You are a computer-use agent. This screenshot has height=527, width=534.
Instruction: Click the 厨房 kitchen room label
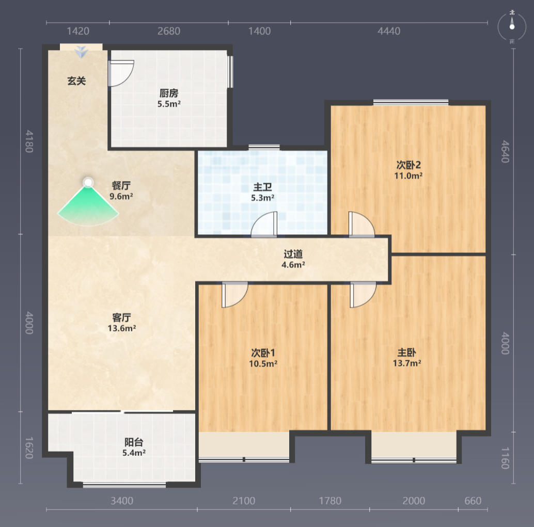tap(169, 93)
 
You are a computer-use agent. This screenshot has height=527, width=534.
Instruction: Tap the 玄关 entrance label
tap(76, 81)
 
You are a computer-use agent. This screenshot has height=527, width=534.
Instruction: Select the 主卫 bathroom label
tap(262, 187)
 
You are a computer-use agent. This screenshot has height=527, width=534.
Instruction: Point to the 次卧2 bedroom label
tap(409, 165)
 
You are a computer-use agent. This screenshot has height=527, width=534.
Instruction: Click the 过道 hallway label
tap(293, 254)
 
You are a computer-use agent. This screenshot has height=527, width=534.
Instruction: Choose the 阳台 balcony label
tap(134, 442)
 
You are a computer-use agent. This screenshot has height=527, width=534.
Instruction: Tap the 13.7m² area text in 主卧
tap(407, 363)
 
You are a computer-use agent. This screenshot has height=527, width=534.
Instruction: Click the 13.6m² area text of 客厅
tap(122, 328)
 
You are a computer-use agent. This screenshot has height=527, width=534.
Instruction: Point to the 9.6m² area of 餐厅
tap(121, 197)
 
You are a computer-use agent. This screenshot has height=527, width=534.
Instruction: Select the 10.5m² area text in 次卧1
tap(263, 363)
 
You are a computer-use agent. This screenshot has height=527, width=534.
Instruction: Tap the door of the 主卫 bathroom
tap(264, 223)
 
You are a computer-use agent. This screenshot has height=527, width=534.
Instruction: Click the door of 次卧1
tap(234, 295)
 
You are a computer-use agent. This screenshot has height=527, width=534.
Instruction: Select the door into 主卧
tap(363, 295)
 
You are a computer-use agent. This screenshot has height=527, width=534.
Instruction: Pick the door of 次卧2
tap(362, 223)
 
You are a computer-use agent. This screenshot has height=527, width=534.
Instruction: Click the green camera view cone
tap(88, 207)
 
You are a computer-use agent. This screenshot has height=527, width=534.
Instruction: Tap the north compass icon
tap(512, 26)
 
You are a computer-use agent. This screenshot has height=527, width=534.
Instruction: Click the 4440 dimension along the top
tap(389, 31)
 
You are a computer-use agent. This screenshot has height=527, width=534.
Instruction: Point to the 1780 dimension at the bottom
tap(330, 501)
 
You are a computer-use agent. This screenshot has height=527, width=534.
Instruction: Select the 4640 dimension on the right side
tap(506, 152)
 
